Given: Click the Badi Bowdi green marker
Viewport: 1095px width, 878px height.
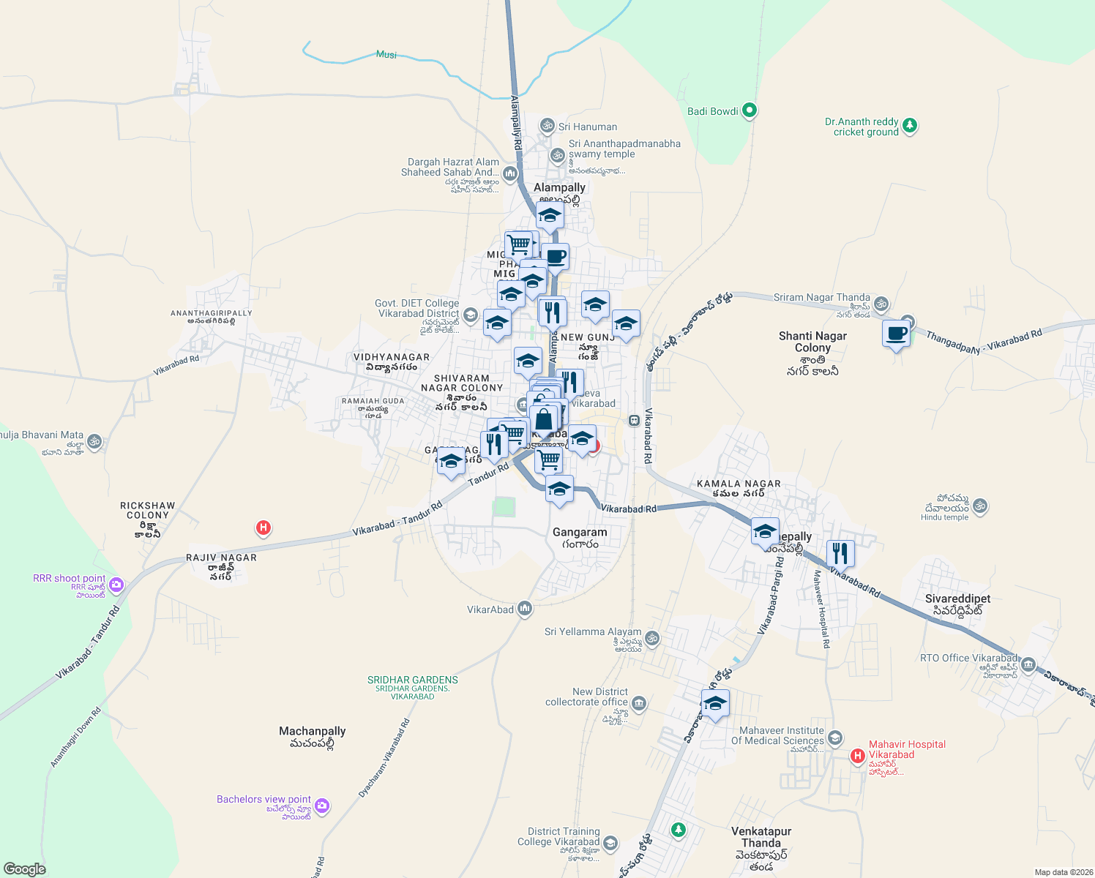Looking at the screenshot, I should click(749, 111).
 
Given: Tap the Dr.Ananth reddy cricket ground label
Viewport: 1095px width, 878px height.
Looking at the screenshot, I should click(862, 127).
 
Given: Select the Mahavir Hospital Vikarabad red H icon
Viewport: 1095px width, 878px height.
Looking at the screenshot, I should click(857, 756).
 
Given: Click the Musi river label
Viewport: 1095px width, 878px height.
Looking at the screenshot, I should click(386, 54).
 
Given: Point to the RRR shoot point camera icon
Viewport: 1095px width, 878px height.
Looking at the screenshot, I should click(116, 585).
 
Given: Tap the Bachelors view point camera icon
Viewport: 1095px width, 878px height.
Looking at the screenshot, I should click(322, 806).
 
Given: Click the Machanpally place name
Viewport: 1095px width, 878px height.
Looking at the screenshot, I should click(312, 731).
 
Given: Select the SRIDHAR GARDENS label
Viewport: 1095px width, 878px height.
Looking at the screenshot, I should click(413, 680).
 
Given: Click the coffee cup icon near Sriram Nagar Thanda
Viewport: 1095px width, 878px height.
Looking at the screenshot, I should click(896, 334).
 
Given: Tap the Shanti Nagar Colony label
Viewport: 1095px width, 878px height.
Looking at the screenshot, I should click(812, 342).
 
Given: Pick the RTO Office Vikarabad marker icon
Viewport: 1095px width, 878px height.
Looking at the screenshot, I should click(1028, 664).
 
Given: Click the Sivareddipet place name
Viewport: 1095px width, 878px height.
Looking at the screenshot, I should click(957, 599).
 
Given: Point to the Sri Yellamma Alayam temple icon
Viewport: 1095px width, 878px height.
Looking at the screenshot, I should click(652, 638).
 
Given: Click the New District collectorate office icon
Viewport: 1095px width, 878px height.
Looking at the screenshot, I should click(639, 703).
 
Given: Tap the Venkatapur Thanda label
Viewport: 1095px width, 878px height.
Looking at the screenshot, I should click(761, 837).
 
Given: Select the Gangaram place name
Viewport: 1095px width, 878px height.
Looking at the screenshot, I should click(580, 532).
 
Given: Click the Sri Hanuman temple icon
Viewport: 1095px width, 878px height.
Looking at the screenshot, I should click(547, 127).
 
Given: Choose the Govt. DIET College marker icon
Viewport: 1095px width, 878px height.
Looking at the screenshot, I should click(470, 315).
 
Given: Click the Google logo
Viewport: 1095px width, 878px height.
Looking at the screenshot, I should click(25, 869).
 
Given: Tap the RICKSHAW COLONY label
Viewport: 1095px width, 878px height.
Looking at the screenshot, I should click(148, 510).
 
